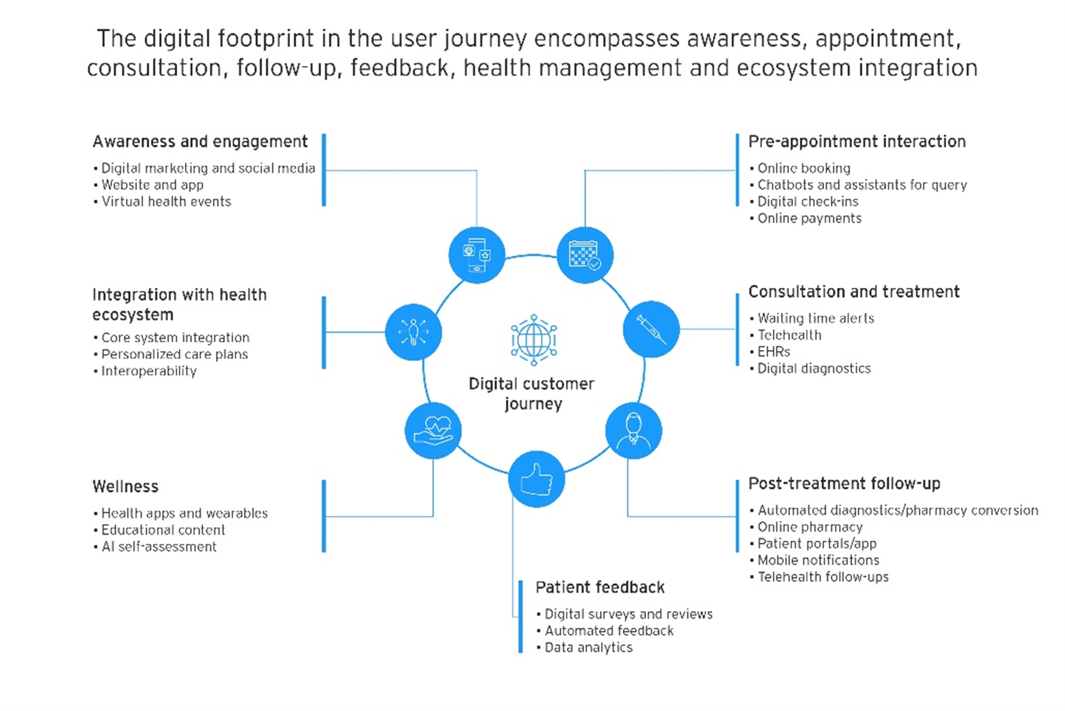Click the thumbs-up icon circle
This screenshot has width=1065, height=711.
pyautogui.click(x=536, y=479)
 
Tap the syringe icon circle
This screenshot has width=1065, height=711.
pyautogui.click(x=651, y=329)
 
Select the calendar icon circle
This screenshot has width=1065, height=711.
pyautogui.click(x=585, y=255)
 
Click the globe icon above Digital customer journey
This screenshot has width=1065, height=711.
pyautogui.click(x=533, y=340)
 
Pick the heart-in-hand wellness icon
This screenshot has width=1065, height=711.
pyautogui.click(x=433, y=430)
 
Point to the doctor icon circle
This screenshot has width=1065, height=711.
pyautogui.click(x=634, y=430)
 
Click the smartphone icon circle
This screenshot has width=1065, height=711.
pyautogui.click(x=477, y=255)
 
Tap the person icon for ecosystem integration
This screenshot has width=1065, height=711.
pyautogui.click(x=413, y=332)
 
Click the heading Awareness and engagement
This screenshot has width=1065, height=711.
pyautogui.click(x=200, y=142)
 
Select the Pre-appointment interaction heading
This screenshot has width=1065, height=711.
pyautogui.click(x=857, y=142)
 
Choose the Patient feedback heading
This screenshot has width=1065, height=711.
pyautogui.click(x=600, y=587)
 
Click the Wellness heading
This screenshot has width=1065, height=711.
pyautogui.click(x=125, y=487)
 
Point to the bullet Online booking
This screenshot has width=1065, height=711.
pyautogui.click(x=804, y=168)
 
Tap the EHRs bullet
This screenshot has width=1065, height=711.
pyautogui.click(x=773, y=352)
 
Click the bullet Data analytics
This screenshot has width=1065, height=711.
pyautogui.click(x=588, y=647)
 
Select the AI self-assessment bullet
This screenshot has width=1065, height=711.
pyautogui.click(x=159, y=547)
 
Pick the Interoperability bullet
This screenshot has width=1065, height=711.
pyautogui.click(x=149, y=371)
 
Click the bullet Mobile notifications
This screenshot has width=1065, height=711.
pyautogui.click(x=819, y=560)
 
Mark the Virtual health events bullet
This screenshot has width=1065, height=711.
pyautogui.click(x=166, y=201)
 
